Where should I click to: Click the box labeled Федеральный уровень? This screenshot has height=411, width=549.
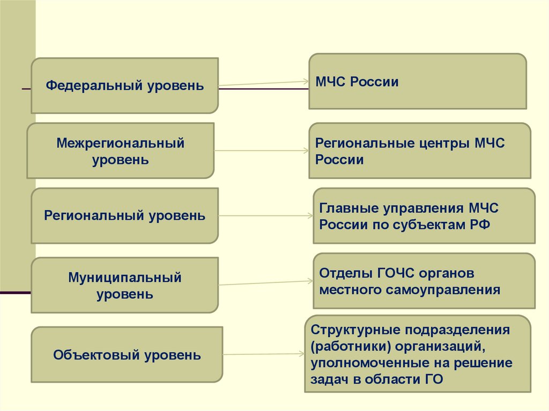coord(124,86)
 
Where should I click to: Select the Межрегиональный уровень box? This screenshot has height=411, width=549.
coord(120,151)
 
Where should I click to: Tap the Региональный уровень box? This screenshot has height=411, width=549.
coord(124,216)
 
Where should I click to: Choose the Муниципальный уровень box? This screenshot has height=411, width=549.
coord(124,285)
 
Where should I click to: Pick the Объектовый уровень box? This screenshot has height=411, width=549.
coord(127,355)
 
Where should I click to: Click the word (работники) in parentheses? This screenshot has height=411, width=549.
coord(344,346)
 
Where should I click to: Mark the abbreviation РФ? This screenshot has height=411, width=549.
coord(481,225)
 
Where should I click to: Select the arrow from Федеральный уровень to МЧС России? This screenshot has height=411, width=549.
coord(263,83)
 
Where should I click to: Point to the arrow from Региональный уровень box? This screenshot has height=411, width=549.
coord(265,216)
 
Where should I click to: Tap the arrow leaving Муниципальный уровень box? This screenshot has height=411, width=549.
coord(265,282)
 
